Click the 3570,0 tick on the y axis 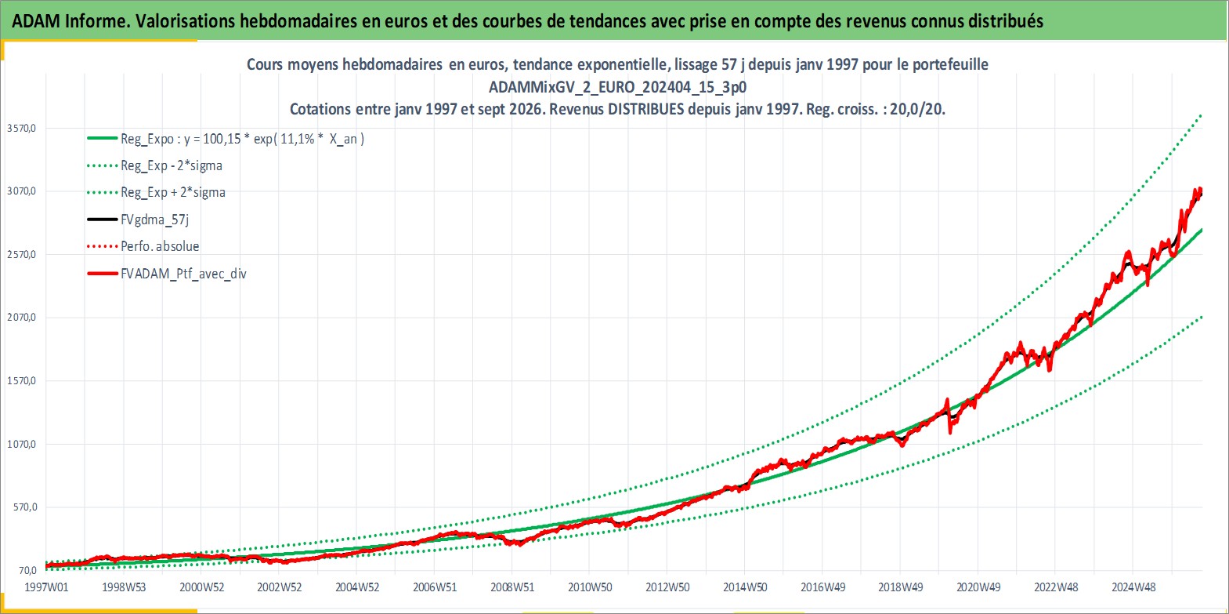tap(22, 128)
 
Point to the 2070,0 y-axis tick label tap(22, 318)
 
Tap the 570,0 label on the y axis tap(25, 507)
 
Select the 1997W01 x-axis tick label tap(47, 587)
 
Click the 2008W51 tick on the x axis tap(512, 587)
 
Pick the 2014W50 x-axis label tap(745, 587)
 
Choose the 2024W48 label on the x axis tap(1133, 587)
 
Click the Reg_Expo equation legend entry tap(243, 139)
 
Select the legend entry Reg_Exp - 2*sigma tap(172, 166)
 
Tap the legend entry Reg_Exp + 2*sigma tap(173, 193)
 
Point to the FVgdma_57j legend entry tap(155, 220)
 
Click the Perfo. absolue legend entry tap(160, 246)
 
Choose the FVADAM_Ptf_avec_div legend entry tap(184, 274)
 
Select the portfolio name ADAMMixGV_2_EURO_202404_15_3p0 tap(617, 87)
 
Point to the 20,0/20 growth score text tap(916, 109)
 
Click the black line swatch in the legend tap(103, 220)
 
